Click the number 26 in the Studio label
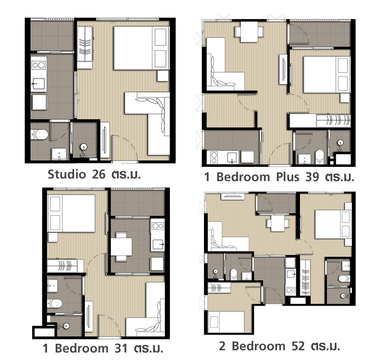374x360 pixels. point(98,174)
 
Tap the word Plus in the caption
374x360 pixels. point(287,177)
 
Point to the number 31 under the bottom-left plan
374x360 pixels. point(121,348)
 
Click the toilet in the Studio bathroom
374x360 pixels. point(40,134)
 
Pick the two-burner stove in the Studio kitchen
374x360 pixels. point(39,65)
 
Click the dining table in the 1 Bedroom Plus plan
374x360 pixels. point(249,32)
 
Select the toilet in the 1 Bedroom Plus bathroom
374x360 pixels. point(319,156)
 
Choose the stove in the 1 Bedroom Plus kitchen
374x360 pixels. point(214,157)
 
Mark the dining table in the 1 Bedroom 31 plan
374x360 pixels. point(122,247)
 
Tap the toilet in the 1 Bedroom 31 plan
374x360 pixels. point(55,303)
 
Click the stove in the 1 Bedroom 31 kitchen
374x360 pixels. point(158,226)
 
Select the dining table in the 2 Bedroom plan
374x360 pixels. point(278,223)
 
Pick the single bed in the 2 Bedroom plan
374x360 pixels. point(226,322)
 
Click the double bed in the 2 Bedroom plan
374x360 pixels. point(333,224)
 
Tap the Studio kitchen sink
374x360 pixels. point(39,84)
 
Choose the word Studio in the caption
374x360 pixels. point(67,174)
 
